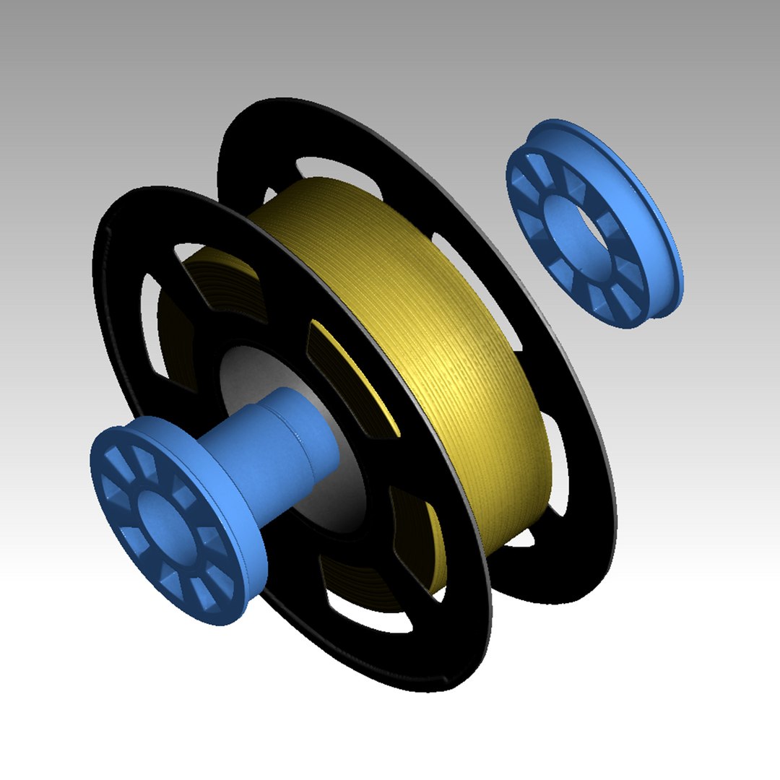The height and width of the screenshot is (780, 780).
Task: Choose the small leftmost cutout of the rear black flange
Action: pos(272,196)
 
